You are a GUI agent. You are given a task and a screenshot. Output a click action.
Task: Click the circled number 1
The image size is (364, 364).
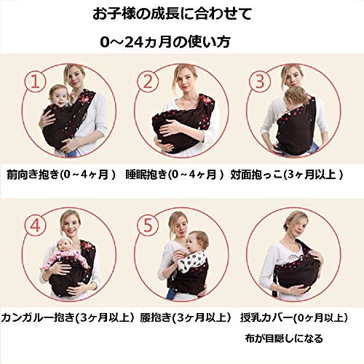coord(36,82)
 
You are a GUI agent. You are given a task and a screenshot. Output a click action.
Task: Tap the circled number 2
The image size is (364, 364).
coord(148,82)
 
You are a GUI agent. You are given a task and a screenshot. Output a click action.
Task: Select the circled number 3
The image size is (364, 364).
coord(260,82)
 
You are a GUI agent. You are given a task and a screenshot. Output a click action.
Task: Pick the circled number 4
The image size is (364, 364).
coord(36,226)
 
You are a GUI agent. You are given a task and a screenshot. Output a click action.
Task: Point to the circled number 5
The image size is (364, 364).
coord(148,226)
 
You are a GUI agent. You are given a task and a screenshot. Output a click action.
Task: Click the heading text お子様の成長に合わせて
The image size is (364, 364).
coord(172,15)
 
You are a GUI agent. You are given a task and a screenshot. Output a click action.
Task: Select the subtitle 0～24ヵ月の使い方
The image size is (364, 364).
coord(165,42)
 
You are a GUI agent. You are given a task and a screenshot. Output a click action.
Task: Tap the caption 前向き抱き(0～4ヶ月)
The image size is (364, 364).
coord(61,175)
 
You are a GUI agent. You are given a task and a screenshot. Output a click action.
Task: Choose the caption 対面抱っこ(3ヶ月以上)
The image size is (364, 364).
coord(287,175)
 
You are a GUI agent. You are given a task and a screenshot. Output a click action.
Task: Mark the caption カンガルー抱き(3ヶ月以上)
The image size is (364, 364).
coord(68,317)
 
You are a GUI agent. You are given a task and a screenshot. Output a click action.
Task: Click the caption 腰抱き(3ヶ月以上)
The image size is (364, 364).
coord(186,317)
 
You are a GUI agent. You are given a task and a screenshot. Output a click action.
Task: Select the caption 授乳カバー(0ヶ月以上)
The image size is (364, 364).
coord(294,317)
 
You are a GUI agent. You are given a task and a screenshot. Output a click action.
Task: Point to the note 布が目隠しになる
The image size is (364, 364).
coord(284,339)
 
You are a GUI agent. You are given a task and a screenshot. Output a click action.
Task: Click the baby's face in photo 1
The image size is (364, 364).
coord(59,98)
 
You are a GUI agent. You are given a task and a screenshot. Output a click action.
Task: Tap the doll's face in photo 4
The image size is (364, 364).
coord(64,247)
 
